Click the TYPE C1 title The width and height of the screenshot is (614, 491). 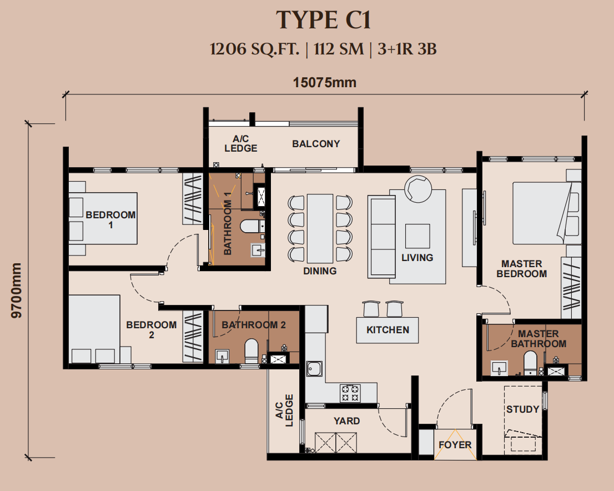pyautogui.click(x=324, y=20)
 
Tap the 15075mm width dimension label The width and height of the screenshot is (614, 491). pyautogui.click(x=325, y=83)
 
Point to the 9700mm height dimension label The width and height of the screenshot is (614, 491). pyautogui.click(x=17, y=290)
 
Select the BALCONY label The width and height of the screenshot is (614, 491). pyautogui.click(x=316, y=144)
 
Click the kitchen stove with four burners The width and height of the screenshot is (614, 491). pyautogui.click(x=350, y=393)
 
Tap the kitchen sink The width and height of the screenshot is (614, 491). pyautogui.click(x=314, y=369)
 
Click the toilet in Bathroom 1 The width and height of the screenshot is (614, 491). pyautogui.click(x=252, y=227)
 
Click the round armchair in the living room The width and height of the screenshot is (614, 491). pyautogui.click(x=418, y=188)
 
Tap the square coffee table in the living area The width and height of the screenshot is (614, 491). pyautogui.click(x=417, y=236)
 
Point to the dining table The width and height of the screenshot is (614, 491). pyautogui.click(x=320, y=228)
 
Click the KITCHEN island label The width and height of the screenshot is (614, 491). pyautogui.click(x=387, y=330)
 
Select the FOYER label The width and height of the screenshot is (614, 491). pyautogui.click(x=455, y=445)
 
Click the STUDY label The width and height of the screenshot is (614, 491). pyautogui.click(x=523, y=409)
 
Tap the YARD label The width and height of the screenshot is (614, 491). pyautogui.click(x=346, y=421)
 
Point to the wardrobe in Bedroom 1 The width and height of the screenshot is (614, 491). pyautogui.click(x=193, y=199)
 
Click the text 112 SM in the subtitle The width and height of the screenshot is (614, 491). pyautogui.click(x=339, y=49)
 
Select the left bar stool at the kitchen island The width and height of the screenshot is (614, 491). pyautogui.click(x=371, y=309)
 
